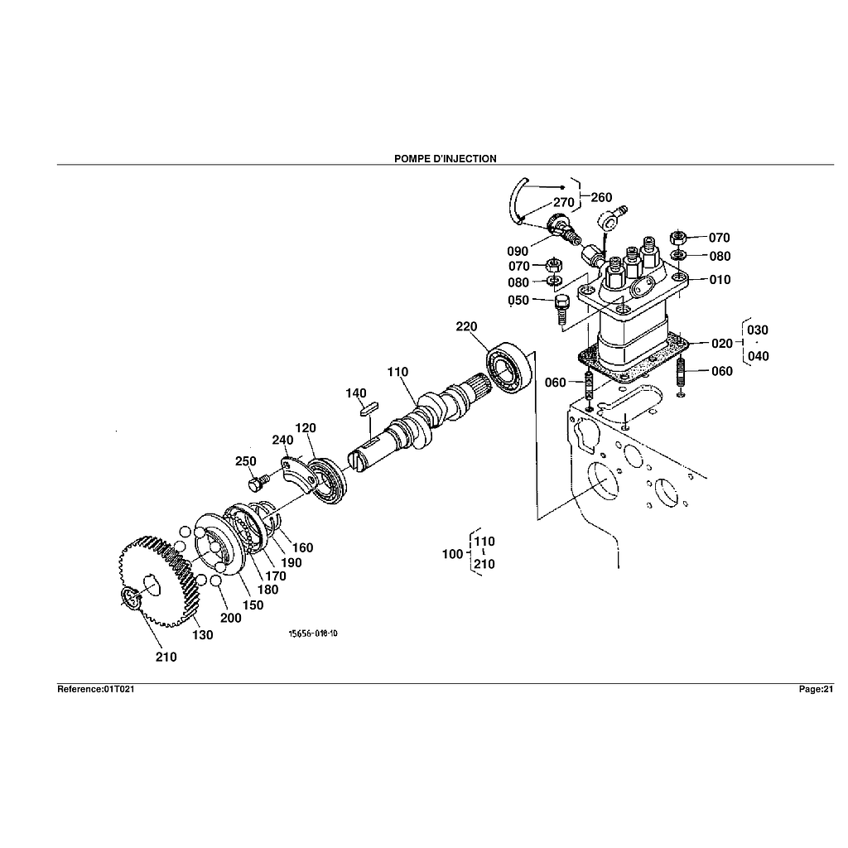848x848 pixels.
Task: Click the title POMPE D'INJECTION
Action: (446, 158)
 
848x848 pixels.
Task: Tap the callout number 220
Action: (466, 327)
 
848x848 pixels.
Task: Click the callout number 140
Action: (356, 393)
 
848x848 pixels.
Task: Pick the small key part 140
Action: (369, 407)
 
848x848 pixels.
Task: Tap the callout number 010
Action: (720, 280)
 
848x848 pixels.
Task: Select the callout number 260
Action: (601, 197)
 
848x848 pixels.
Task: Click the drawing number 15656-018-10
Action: (313, 634)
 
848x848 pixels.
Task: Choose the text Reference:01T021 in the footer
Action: (95, 689)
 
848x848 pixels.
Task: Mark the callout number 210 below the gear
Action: (166, 657)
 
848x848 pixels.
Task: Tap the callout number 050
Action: (518, 301)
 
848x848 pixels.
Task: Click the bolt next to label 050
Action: (562, 308)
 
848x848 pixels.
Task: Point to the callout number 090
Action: (518, 251)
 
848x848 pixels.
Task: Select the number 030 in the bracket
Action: (757, 330)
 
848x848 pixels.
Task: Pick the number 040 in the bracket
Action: (757, 356)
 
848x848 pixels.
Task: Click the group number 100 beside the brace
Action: (452, 554)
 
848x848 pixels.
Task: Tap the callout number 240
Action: (282, 440)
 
